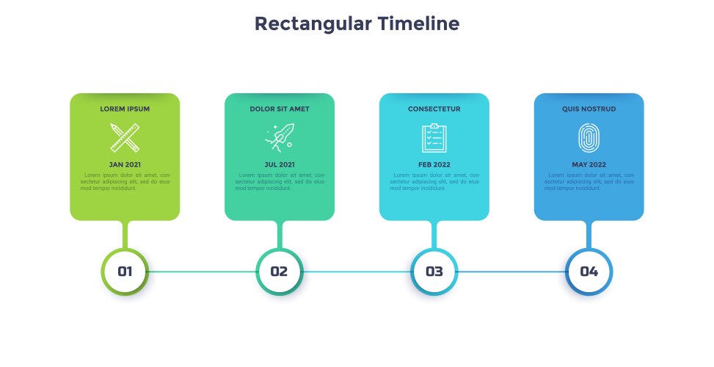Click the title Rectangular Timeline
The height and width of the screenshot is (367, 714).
point(357,23)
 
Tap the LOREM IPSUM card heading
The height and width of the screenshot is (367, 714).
point(125,109)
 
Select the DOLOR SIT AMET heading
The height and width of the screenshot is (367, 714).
point(280,109)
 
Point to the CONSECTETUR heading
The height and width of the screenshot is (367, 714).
point(434,109)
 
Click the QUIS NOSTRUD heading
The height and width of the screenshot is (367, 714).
point(589,109)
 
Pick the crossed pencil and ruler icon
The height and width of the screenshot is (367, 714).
point(125,137)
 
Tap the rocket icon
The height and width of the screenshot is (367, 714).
point(280,137)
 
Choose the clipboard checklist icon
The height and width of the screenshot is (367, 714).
point(434,137)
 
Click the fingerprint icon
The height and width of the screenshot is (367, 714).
point(589,137)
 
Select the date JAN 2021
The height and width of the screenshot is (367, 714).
point(125,164)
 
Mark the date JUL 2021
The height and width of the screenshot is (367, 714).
point(280,164)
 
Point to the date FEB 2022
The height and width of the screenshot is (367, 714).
point(434,164)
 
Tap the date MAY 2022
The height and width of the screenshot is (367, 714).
point(589,164)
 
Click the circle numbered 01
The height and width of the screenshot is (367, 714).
point(125,272)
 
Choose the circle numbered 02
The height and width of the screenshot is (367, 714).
point(280,272)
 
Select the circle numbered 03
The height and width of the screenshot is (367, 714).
point(434,272)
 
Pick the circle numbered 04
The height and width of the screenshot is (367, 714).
point(589,272)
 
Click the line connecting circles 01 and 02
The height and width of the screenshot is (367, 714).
point(203,272)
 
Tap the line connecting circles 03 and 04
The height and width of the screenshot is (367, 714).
point(511,272)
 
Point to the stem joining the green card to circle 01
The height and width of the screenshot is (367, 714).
point(125,234)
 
